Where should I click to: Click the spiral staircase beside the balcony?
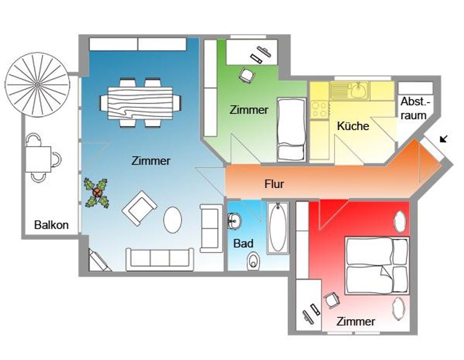pos(38,85)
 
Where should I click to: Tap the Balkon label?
pos(51,225)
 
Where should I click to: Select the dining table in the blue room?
pos(140,103)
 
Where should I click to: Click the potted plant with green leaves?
pos(97,193)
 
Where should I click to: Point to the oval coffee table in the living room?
pos(173,220)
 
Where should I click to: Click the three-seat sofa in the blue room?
pos(160,259)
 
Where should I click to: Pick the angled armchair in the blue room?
pos(139,208)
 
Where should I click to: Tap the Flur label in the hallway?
pos(274,184)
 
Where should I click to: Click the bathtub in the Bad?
pos(278,228)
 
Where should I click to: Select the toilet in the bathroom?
pos(253,260)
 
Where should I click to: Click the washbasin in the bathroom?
pos(235,220)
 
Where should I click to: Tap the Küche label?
pos(353,126)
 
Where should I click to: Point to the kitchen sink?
pos(350,91)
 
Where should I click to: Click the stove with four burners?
pos(320,110)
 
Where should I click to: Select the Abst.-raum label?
pos(414,109)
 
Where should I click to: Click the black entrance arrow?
pos(443,138)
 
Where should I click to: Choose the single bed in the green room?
pos(291,130)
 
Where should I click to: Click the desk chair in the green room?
pos(246,75)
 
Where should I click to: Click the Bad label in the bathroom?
pos(243,244)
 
